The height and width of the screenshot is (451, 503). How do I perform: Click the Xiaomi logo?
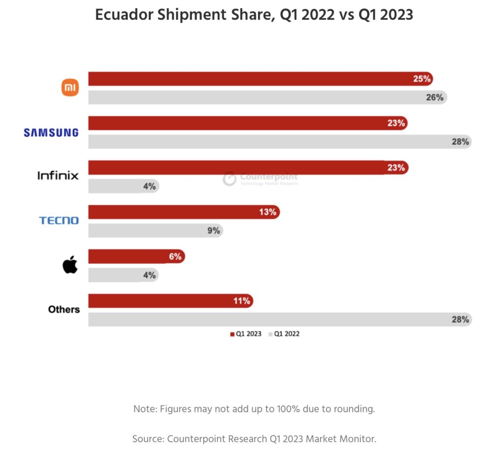tap(70, 88)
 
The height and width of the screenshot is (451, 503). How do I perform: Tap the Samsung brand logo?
tap(51, 132)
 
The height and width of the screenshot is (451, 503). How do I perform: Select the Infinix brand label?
tap(58, 175)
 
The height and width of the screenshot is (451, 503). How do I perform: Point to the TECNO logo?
tap(59, 220)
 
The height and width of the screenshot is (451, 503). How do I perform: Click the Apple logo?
tap(70, 265)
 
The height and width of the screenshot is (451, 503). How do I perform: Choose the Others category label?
tap(64, 309)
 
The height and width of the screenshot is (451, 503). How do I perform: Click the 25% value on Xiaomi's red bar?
tap(421, 79)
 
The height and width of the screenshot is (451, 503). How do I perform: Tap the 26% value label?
tap(435, 97)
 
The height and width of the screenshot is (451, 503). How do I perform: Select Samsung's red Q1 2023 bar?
tap(246, 123)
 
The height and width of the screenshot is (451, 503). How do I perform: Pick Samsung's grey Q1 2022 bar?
tap(275, 142)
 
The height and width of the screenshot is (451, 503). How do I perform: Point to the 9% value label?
tap(213, 230)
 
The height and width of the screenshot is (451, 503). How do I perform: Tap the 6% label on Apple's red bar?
tap(175, 256)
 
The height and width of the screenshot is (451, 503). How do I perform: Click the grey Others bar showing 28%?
tap(275, 320)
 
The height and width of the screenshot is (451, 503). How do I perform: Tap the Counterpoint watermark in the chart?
tap(260, 179)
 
